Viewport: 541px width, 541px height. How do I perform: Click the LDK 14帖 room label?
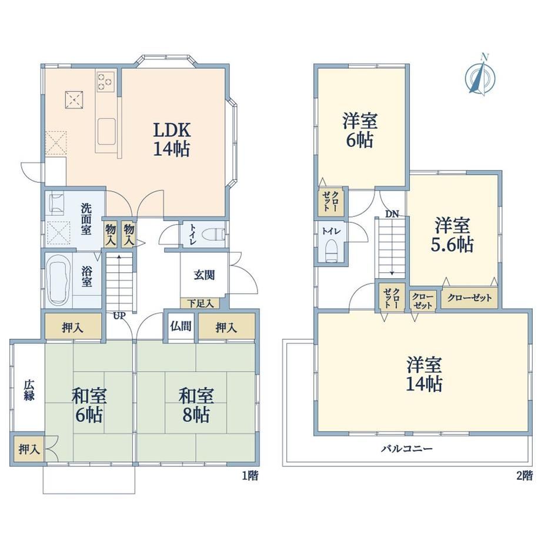coord(172,140)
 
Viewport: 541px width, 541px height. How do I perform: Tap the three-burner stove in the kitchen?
coord(106,82)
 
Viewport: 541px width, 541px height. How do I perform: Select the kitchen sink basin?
coord(106,132)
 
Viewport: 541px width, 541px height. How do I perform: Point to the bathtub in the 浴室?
coord(59,280)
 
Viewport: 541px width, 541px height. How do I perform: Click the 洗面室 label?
coord(86,219)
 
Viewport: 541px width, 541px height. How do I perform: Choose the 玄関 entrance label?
coord(204,275)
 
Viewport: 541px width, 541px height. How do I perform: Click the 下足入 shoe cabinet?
coord(200,303)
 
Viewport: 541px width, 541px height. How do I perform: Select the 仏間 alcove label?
coord(181,326)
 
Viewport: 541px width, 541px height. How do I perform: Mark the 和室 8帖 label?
coord(196,405)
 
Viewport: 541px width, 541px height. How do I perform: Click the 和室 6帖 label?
coord(89,405)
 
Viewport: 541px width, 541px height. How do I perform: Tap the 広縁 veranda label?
coord(29,390)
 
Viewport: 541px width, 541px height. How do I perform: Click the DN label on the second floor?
coord(392,214)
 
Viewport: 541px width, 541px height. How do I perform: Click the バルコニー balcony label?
coord(407,449)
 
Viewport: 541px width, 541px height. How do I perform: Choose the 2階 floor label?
coord(525,476)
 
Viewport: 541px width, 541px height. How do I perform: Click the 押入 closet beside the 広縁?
coord(29,449)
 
